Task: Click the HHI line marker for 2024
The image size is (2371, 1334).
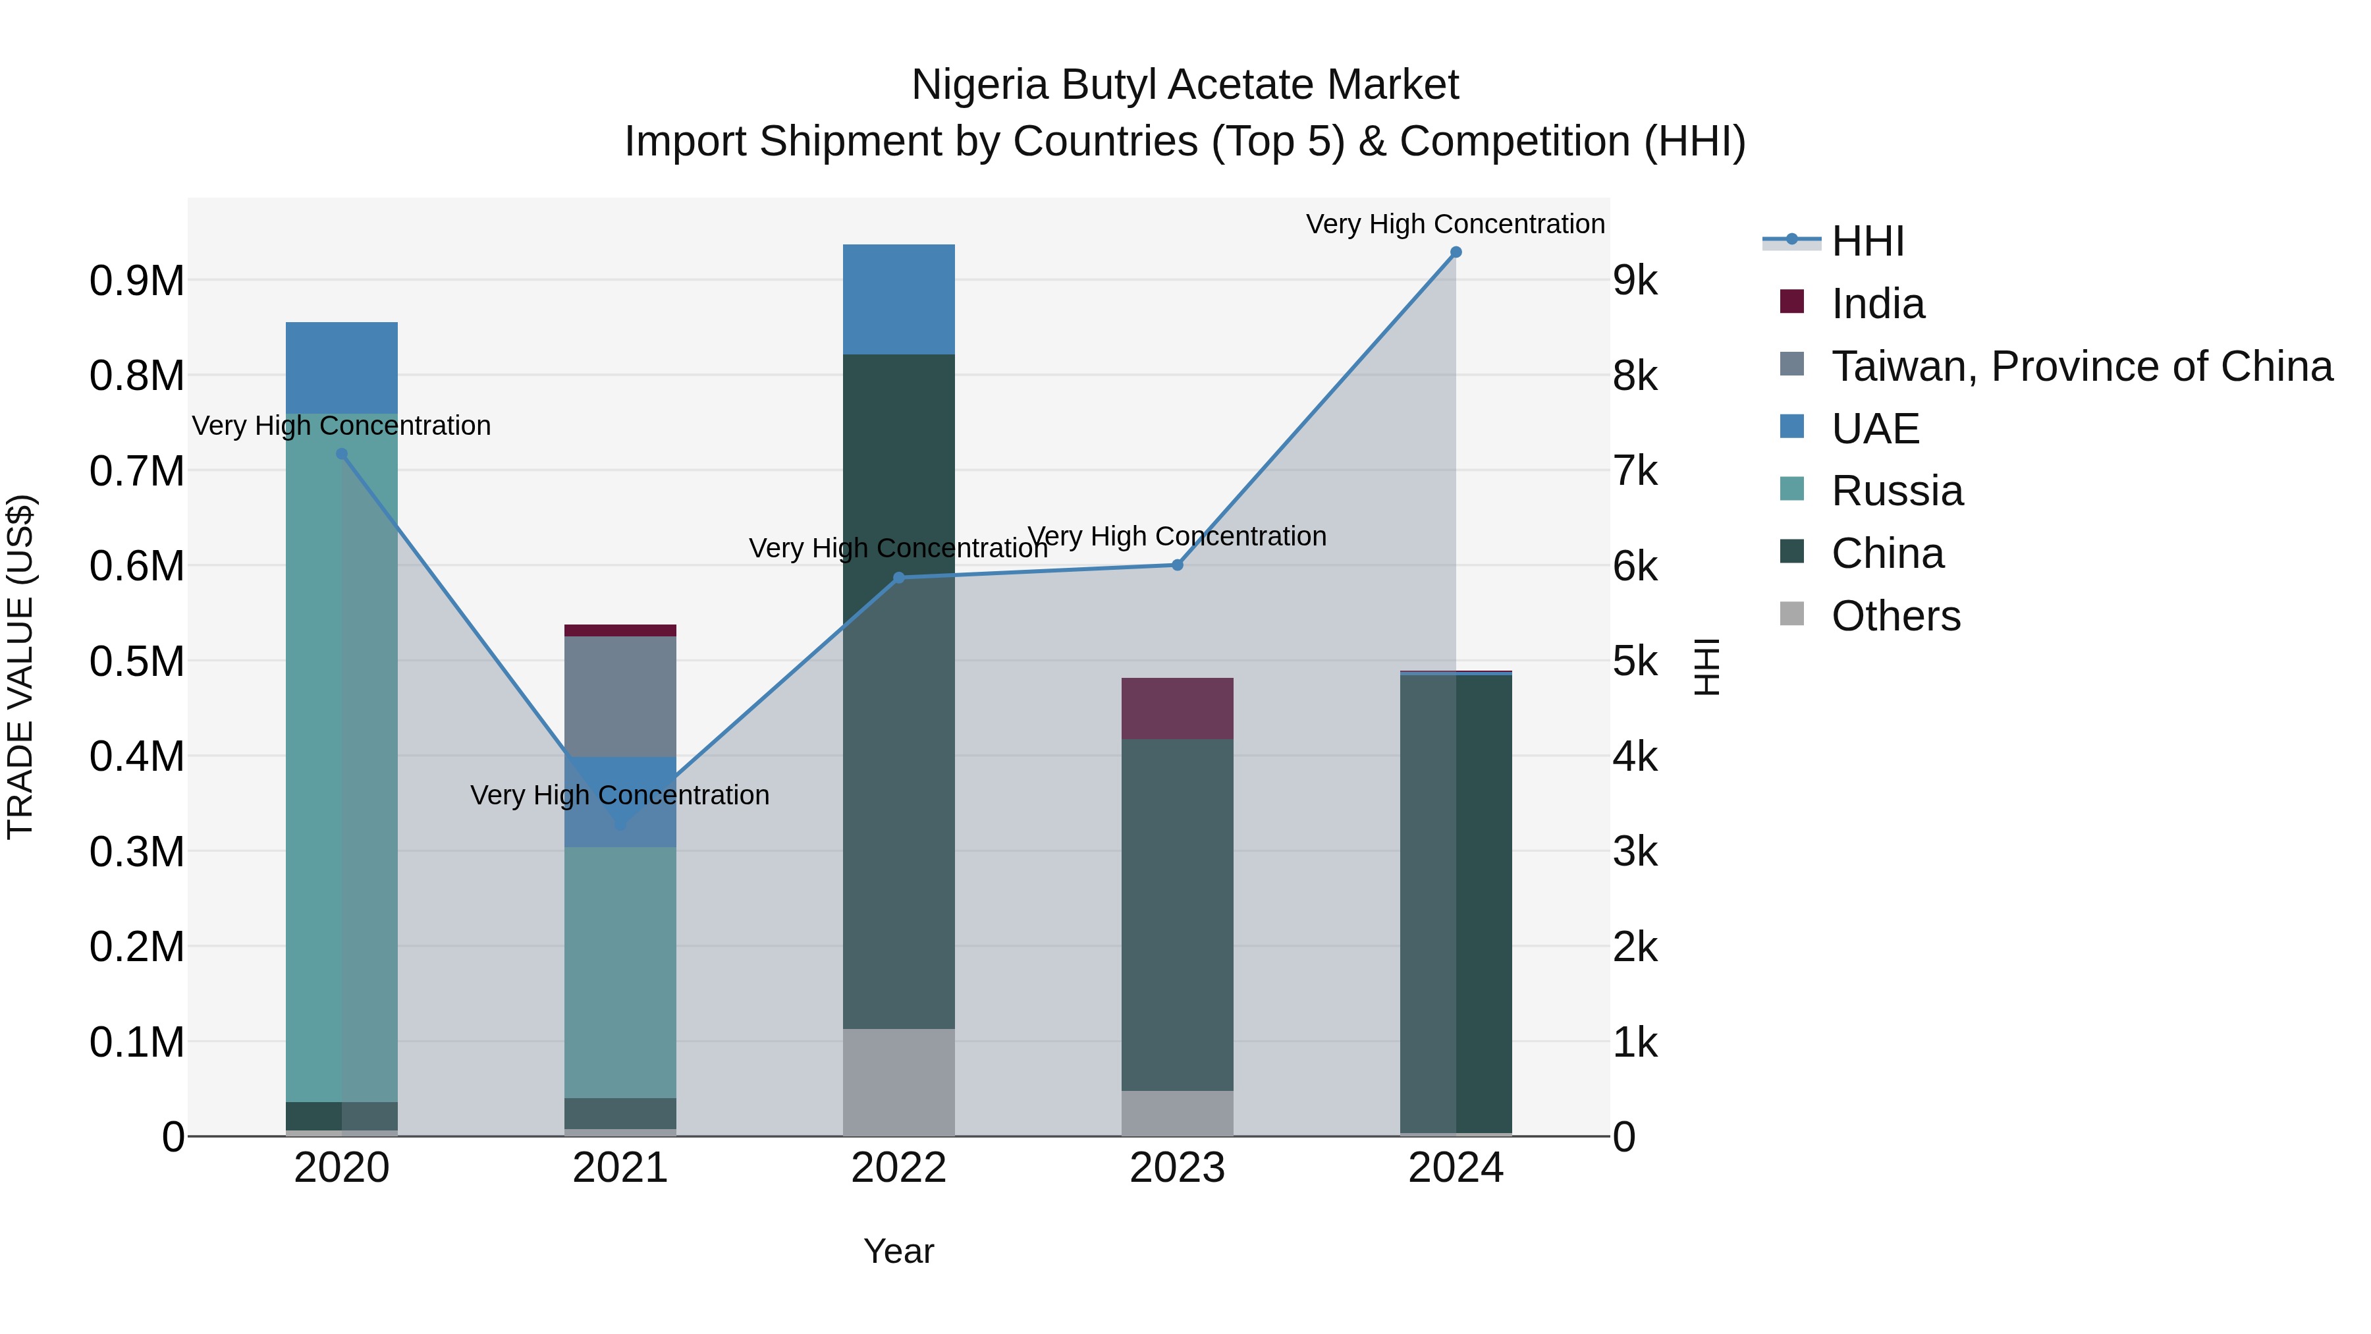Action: pos(1455,252)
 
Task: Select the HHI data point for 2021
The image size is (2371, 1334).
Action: pos(620,824)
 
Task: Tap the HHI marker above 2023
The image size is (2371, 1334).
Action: pos(1177,565)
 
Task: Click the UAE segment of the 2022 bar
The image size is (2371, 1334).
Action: pos(898,299)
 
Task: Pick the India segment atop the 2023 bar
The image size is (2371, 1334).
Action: pos(1177,708)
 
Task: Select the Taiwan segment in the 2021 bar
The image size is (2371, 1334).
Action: pos(620,696)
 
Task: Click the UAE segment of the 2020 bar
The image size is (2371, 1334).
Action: pos(341,368)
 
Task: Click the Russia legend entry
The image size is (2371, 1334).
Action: pos(1896,491)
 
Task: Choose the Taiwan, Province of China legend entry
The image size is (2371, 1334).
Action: pos(2081,366)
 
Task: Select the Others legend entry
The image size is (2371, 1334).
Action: pos(1895,616)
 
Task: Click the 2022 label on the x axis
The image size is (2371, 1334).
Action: pos(898,1168)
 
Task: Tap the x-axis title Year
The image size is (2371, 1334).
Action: pos(898,1251)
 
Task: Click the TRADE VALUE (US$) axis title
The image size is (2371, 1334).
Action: pos(20,667)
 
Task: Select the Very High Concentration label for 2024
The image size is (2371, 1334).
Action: pos(1454,224)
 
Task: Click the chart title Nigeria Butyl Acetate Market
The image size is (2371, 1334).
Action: pos(1185,85)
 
